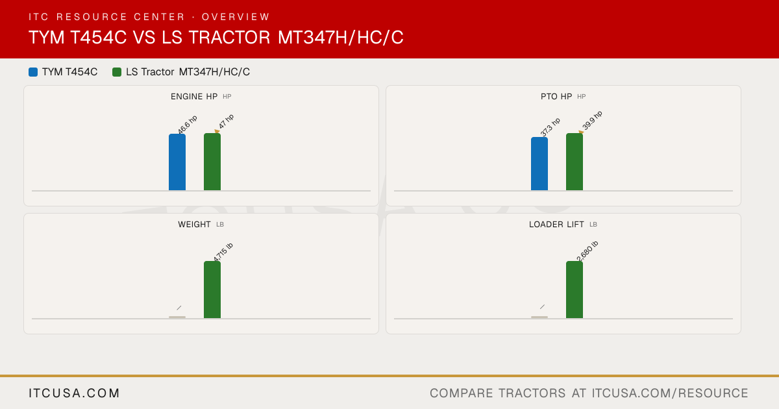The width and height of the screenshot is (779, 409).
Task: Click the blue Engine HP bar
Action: pos(177,162)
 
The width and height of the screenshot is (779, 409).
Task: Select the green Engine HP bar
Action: pos(212,162)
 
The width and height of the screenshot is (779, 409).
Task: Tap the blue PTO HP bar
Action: pos(539,164)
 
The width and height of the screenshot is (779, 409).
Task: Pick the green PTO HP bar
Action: pos(575,162)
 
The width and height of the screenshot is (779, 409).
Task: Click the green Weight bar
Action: pos(212,290)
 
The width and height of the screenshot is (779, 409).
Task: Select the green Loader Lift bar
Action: pos(575,290)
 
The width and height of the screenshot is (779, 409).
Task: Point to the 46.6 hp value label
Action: pos(188,124)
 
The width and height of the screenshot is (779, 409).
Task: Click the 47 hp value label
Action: pos(226,121)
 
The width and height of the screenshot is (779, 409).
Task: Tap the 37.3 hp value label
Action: pos(550,127)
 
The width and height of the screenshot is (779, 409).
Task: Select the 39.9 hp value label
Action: pos(592,120)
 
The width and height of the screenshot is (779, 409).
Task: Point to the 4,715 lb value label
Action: pos(223,252)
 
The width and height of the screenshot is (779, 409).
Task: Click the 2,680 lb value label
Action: pos(587,251)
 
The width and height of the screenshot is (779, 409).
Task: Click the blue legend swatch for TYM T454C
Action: pos(33,72)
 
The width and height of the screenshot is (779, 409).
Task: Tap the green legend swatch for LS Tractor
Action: pos(117,72)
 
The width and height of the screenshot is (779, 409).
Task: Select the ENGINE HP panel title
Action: pos(194,97)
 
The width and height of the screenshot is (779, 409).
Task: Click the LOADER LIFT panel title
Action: pos(556,225)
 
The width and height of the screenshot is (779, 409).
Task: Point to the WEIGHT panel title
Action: pos(194,225)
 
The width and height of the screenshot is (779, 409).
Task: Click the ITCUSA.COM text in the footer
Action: pos(74,393)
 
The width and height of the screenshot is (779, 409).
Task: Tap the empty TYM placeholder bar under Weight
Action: pos(177,317)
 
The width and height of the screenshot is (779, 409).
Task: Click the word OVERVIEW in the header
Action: pos(236,17)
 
